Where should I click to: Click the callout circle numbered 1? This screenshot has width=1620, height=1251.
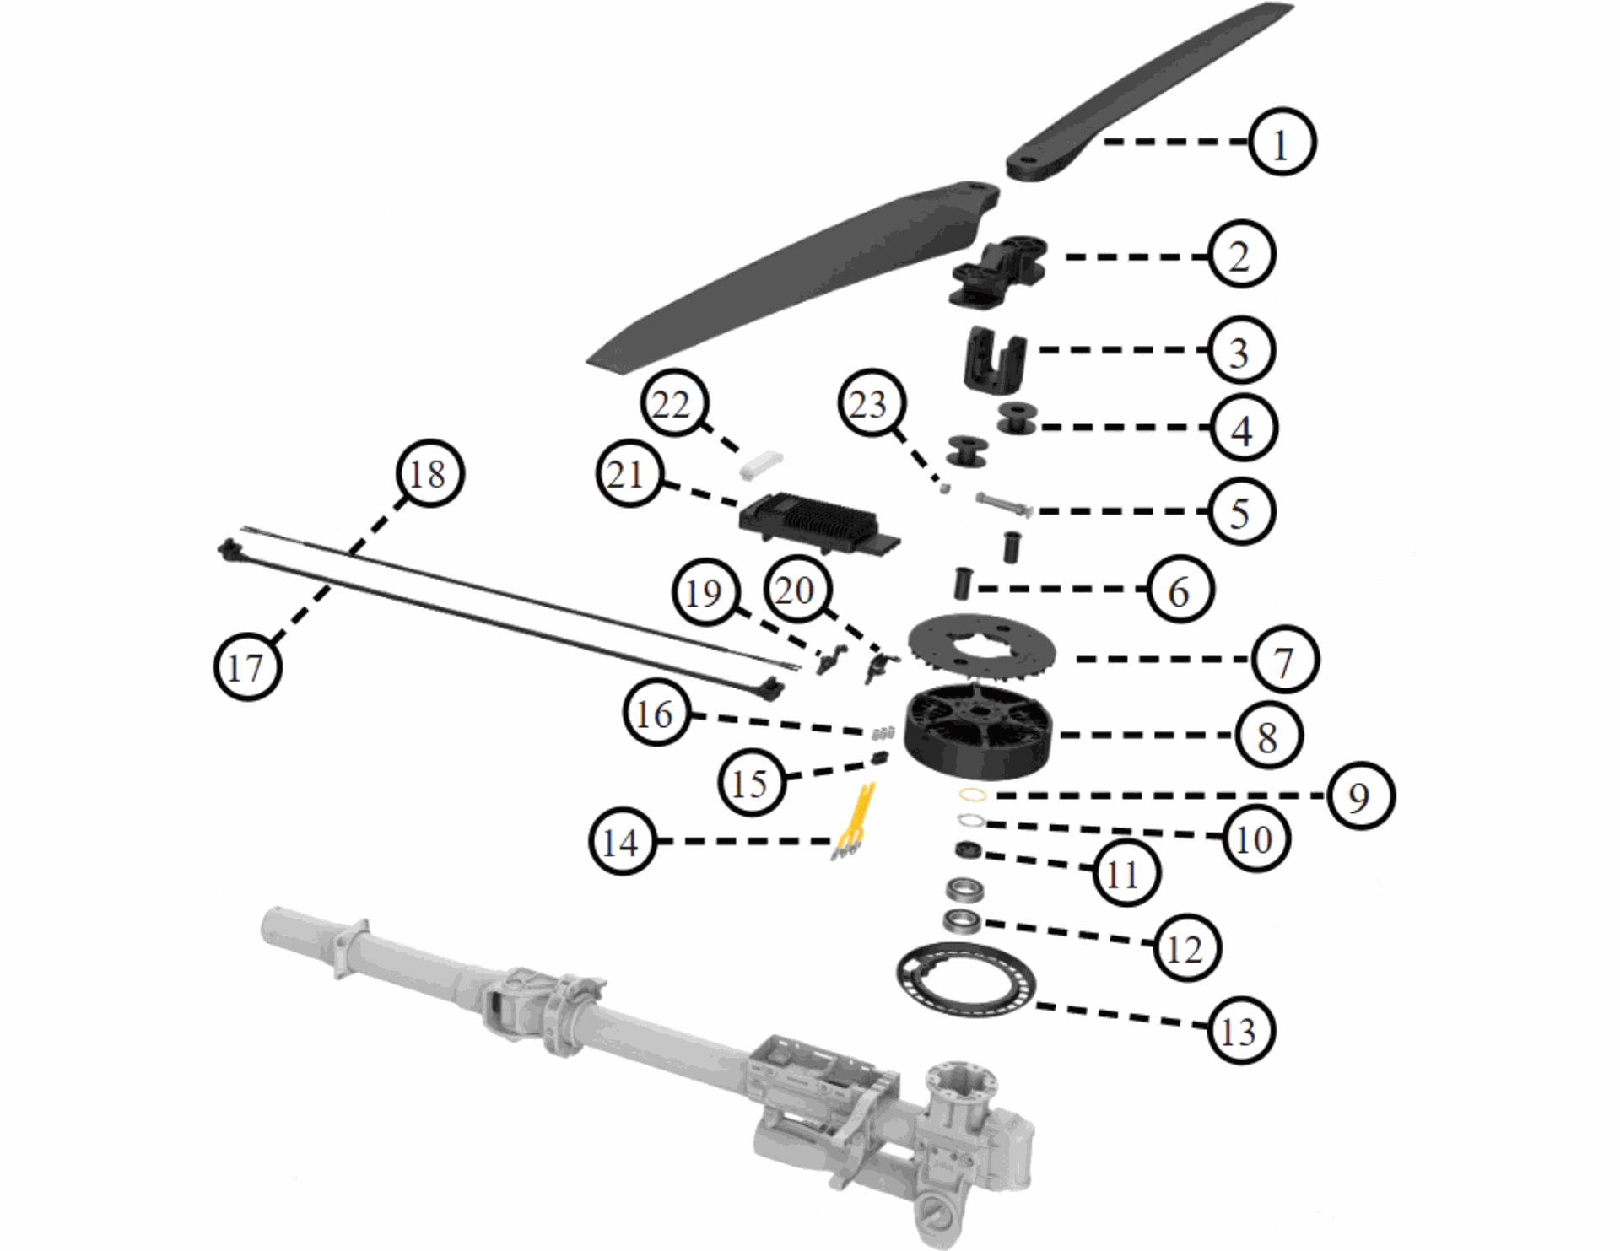coord(1282,143)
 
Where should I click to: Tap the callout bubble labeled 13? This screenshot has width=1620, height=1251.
coord(1239,1030)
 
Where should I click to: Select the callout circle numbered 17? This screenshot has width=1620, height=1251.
coord(247,666)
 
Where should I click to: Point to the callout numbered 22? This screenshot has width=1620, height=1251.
coord(672,405)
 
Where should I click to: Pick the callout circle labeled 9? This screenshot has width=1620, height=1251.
coord(1359,795)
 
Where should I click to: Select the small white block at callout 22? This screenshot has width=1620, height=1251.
coord(761,465)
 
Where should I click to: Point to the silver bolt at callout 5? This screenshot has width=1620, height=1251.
coord(1004,504)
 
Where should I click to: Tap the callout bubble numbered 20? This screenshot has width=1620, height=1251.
coord(795,590)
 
